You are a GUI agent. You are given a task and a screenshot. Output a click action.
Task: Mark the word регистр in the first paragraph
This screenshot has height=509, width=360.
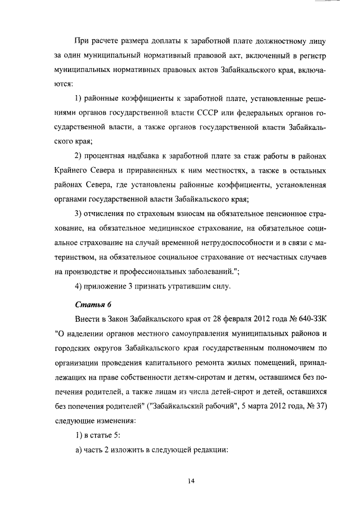point(310,57)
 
